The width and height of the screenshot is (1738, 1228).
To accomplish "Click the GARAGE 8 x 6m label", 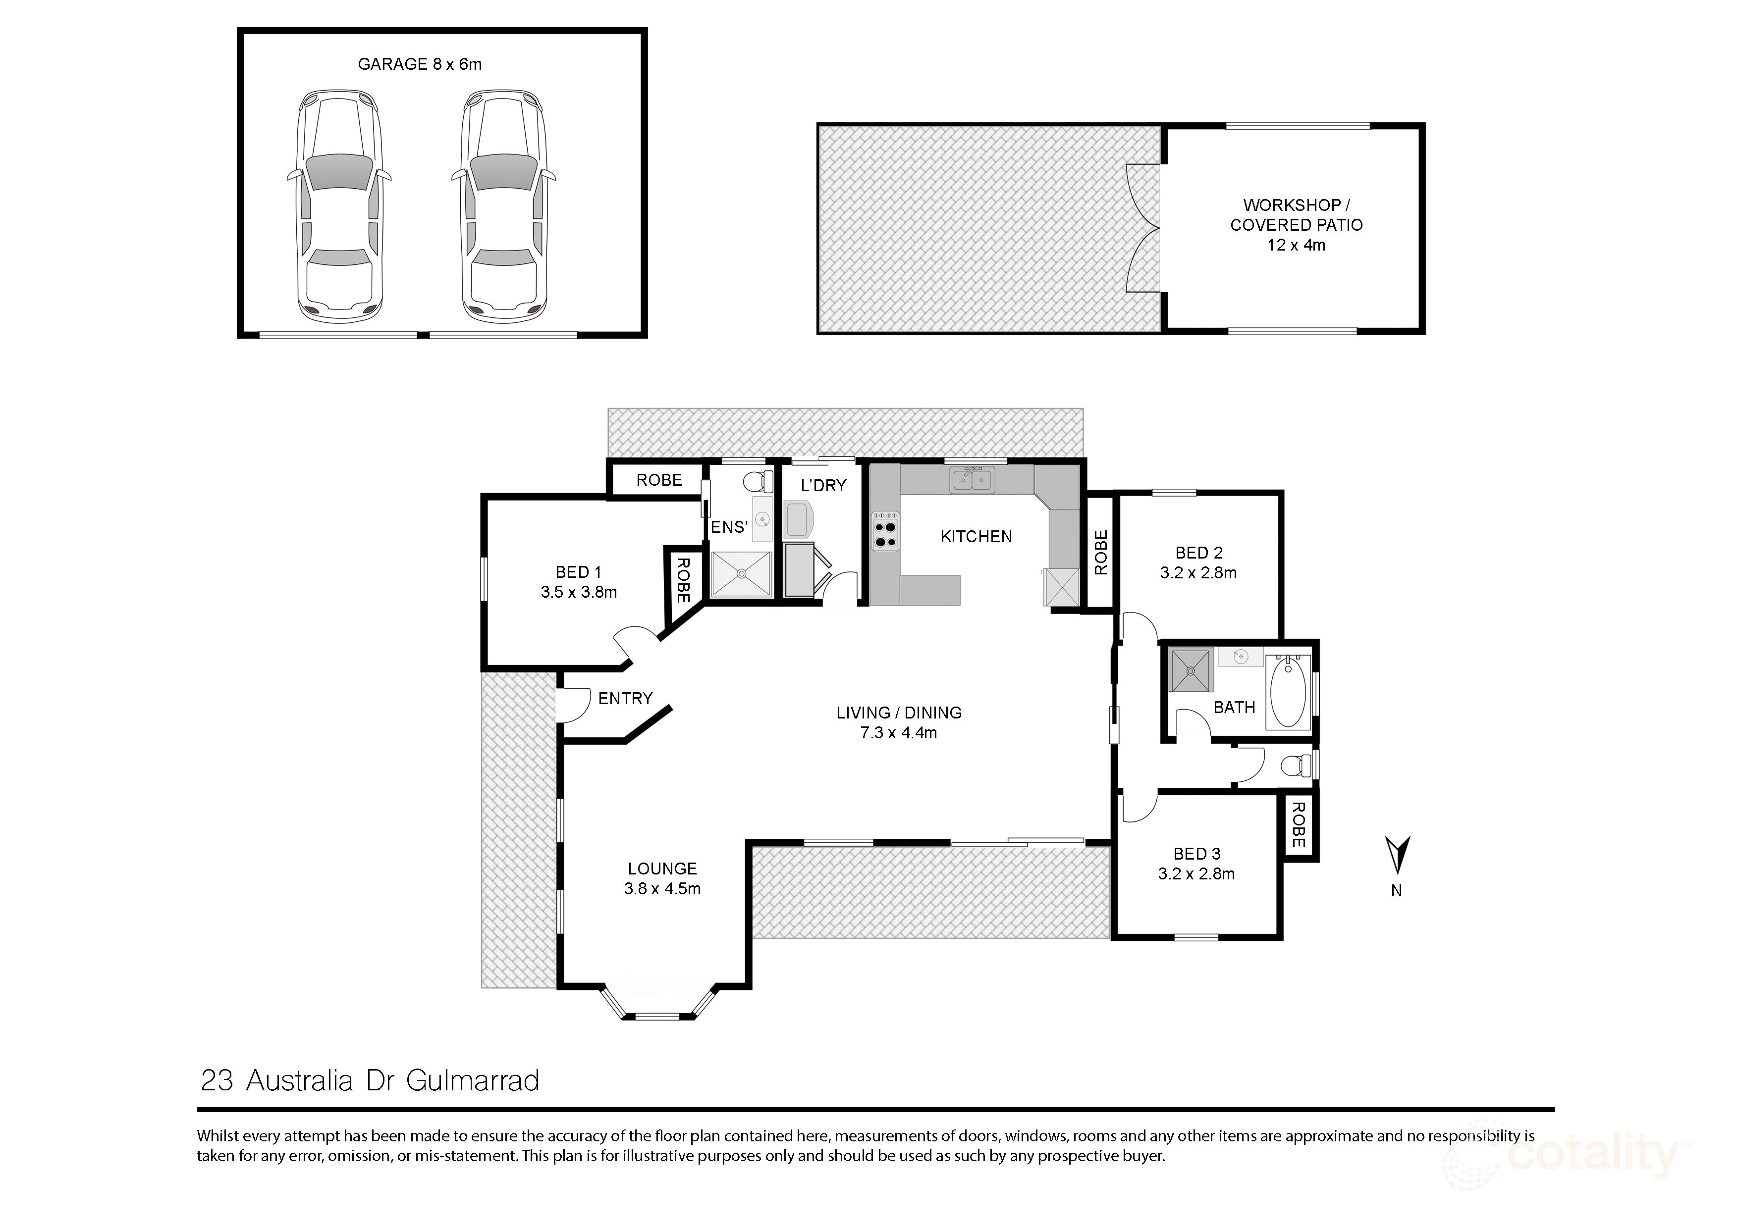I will (419, 64).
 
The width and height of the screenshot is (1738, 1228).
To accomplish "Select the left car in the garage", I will (338, 206).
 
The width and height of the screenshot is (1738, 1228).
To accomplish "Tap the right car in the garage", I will (505, 206).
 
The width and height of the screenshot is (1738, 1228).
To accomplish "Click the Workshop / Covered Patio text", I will (1296, 225).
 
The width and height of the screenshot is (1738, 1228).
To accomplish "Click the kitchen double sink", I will (973, 480).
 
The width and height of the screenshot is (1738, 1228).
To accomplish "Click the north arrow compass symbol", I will (1397, 855).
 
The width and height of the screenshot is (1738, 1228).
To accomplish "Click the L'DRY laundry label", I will (823, 486).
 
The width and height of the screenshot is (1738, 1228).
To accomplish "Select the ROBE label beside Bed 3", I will (1298, 825).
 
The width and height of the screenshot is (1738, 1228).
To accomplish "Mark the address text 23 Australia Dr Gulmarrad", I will (370, 1080).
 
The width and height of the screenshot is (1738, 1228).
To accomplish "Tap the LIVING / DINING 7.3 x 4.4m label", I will (899, 722).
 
